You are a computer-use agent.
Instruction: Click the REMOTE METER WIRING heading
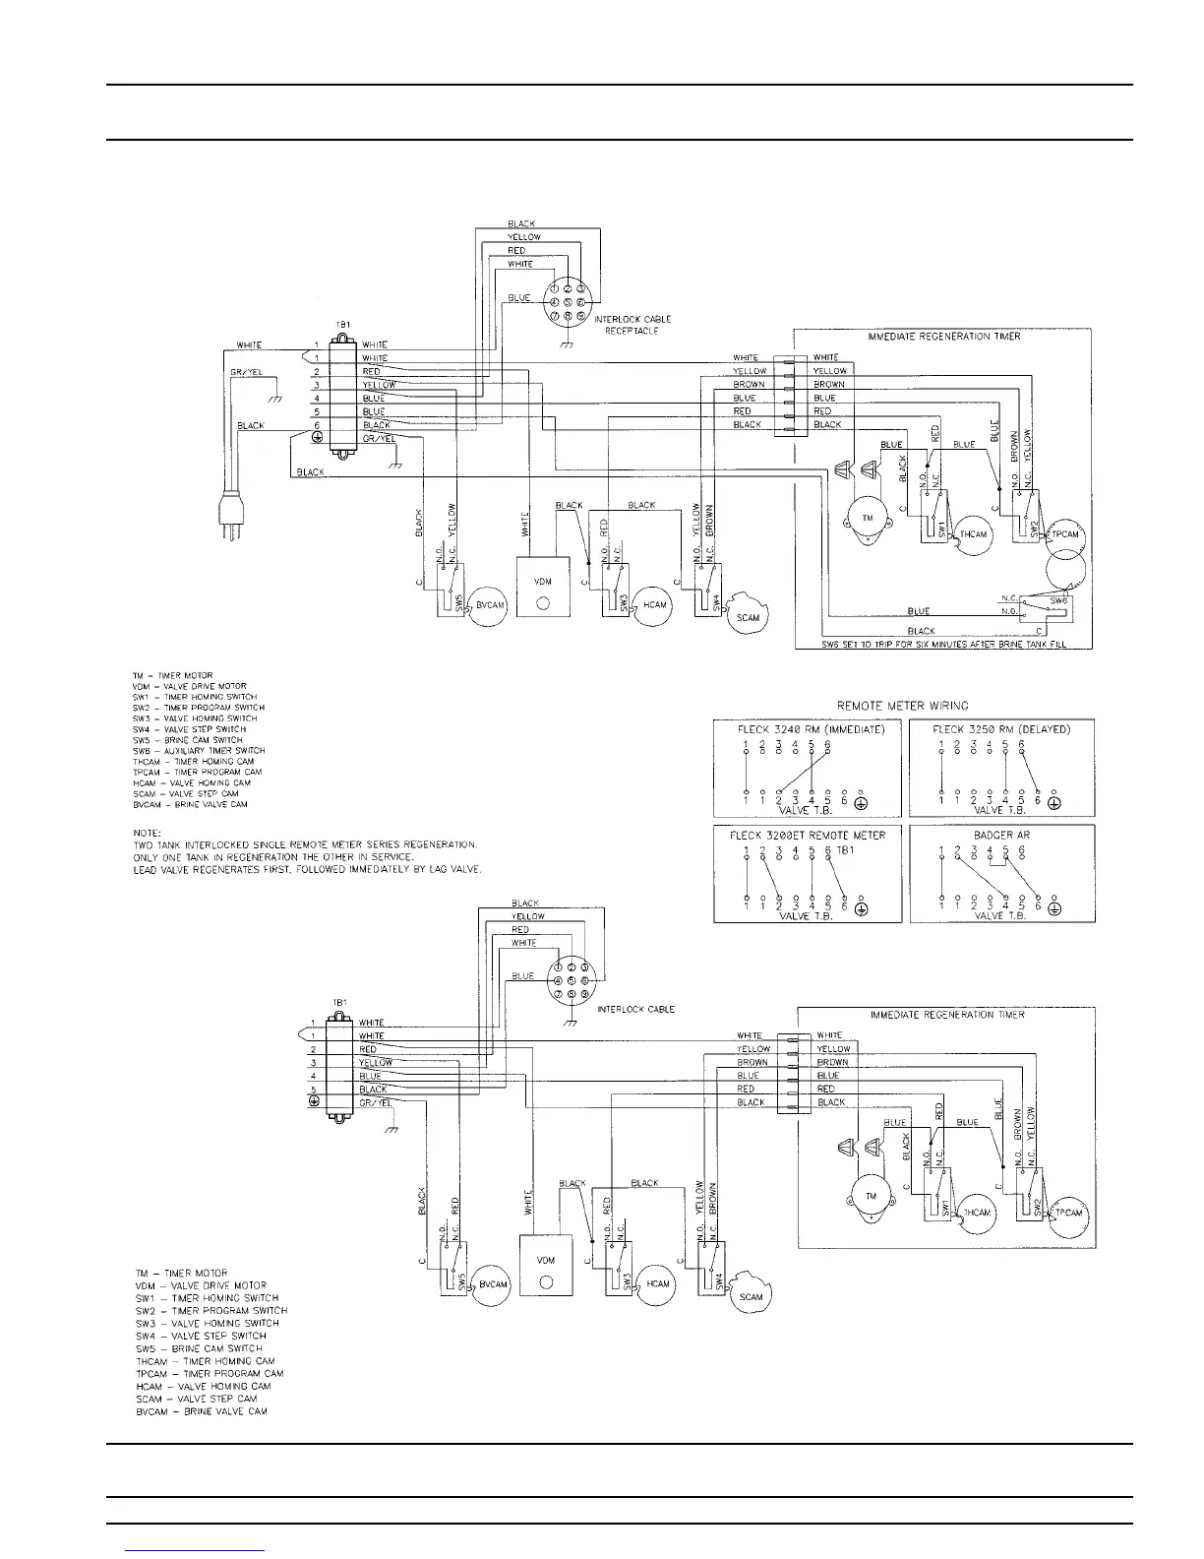click(902, 705)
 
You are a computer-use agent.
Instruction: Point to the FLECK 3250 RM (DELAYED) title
click(1000, 729)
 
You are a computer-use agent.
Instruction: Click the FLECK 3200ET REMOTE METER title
click(807, 835)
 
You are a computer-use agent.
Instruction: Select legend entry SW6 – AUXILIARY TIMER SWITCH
click(199, 751)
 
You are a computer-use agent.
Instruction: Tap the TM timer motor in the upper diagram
click(868, 519)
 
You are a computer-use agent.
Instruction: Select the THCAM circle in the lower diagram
click(976, 1213)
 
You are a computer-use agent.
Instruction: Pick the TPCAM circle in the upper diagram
click(1066, 535)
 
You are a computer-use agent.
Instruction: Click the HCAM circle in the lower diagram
click(657, 1283)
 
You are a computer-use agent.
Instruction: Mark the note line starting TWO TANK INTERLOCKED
click(305, 844)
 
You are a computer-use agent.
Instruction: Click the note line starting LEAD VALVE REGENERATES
click(307, 868)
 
